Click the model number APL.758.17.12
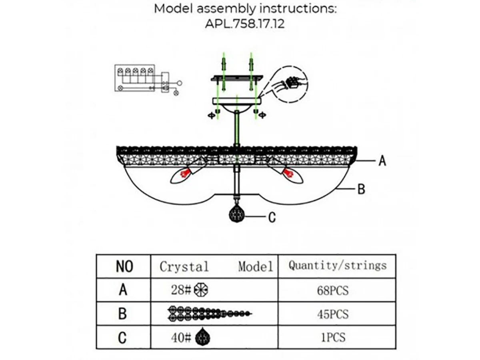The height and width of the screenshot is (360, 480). pos(245,24)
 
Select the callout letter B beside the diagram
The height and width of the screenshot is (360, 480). pos(361,189)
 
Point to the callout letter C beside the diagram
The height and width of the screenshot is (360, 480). pos(272,217)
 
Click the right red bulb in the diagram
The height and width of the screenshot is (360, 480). pos(289,174)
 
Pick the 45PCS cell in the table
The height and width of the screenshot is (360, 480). pos(333,314)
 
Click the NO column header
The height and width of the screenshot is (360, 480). pos(124,266)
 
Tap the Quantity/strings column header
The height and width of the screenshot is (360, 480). pos(338,265)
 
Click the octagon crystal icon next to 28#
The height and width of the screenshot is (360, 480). pos(201,290)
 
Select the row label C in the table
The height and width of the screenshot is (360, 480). pos(123,338)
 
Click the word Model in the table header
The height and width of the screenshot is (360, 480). pos(256,266)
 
